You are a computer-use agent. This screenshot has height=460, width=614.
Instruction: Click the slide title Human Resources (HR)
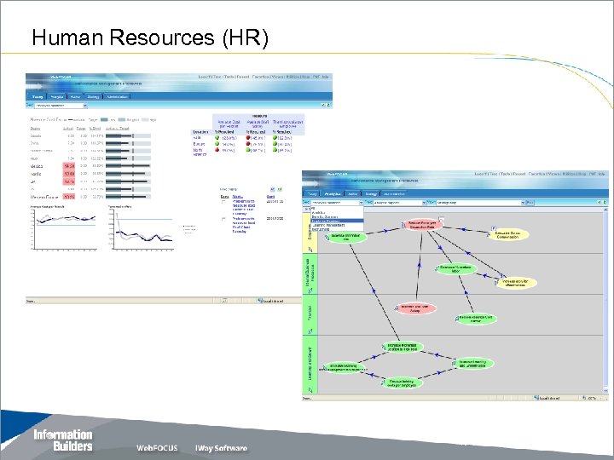pyautogui.click(x=149, y=38)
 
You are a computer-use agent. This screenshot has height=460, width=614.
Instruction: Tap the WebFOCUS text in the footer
pyautogui.click(x=157, y=448)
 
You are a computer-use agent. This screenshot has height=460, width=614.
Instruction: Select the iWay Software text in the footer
pyautogui.click(x=221, y=448)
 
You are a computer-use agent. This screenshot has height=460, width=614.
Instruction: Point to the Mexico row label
pyautogui.click(x=37, y=167)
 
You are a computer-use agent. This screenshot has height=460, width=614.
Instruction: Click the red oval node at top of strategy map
pyautogui.click(x=421, y=224)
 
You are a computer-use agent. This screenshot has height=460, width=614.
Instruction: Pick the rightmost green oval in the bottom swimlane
pyautogui.click(x=472, y=364)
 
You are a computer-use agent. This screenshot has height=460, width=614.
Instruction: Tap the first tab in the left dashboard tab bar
pyautogui.click(x=38, y=97)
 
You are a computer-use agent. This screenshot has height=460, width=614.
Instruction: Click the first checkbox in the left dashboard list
pyautogui.click(x=223, y=203)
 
